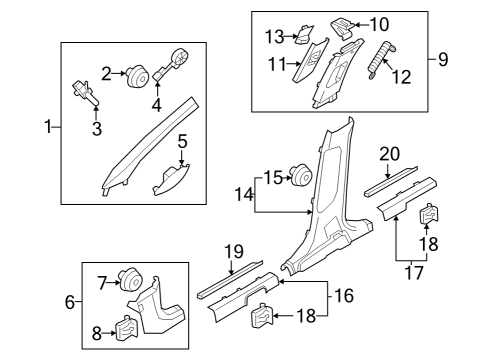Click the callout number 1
point(48,127)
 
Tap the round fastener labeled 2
point(138,76)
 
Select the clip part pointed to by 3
point(85,92)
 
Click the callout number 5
point(182,141)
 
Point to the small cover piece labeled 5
point(172,180)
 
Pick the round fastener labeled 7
point(131,279)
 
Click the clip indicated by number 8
point(126,328)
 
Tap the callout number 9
point(443,60)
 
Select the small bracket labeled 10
point(342,28)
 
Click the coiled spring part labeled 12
point(381,60)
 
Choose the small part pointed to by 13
point(304,34)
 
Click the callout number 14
point(244,194)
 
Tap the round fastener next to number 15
point(302,175)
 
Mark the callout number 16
point(344,296)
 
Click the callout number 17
point(414,272)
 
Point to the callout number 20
point(390,154)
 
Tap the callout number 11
point(277,64)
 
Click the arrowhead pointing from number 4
point(157,82)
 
